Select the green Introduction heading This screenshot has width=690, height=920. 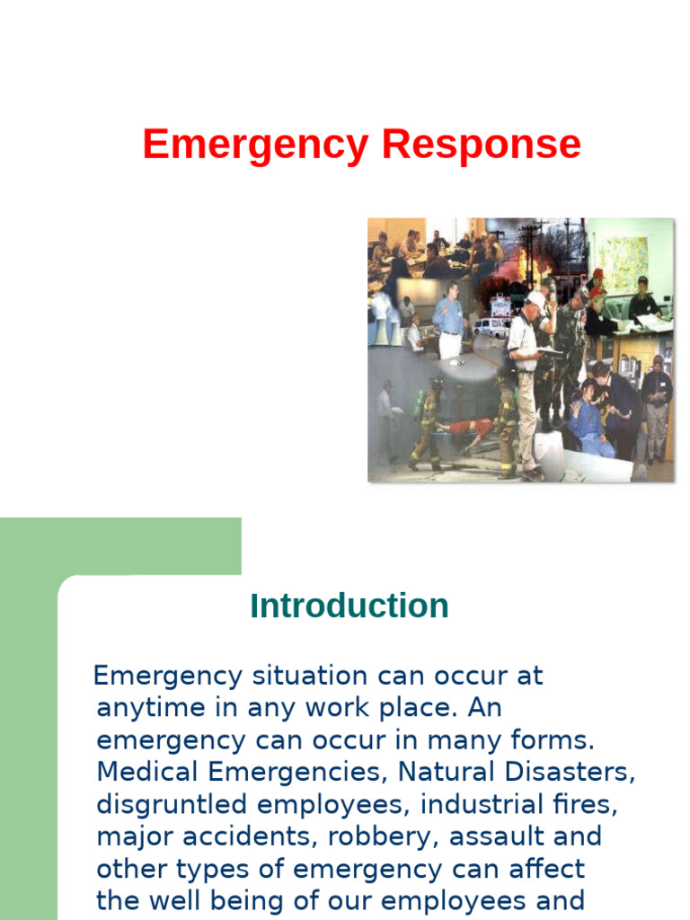pos(349,606)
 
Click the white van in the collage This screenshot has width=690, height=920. pos(491,328)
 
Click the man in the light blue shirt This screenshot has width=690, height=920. pos(449,319)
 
